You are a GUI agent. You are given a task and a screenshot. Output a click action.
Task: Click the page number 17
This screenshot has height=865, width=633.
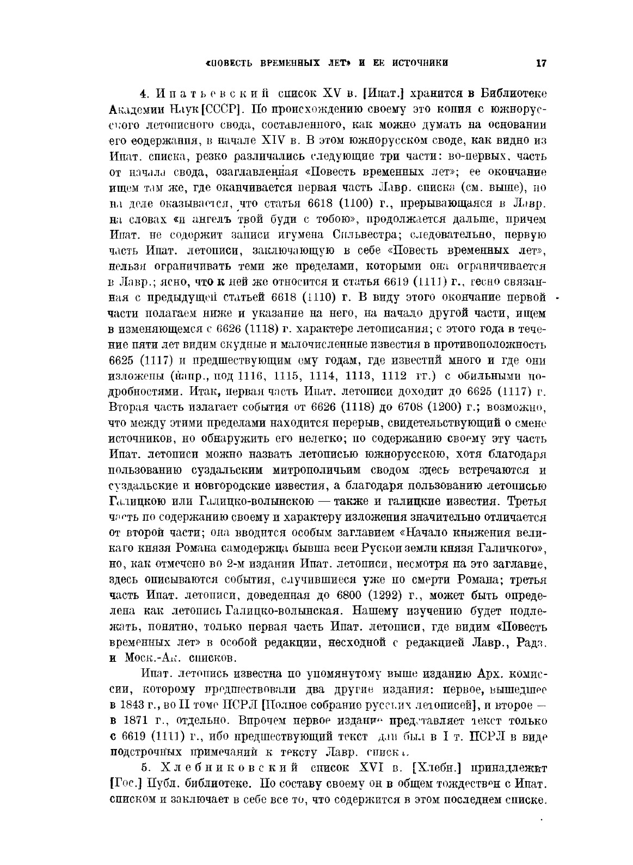click(x=540, y=63)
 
